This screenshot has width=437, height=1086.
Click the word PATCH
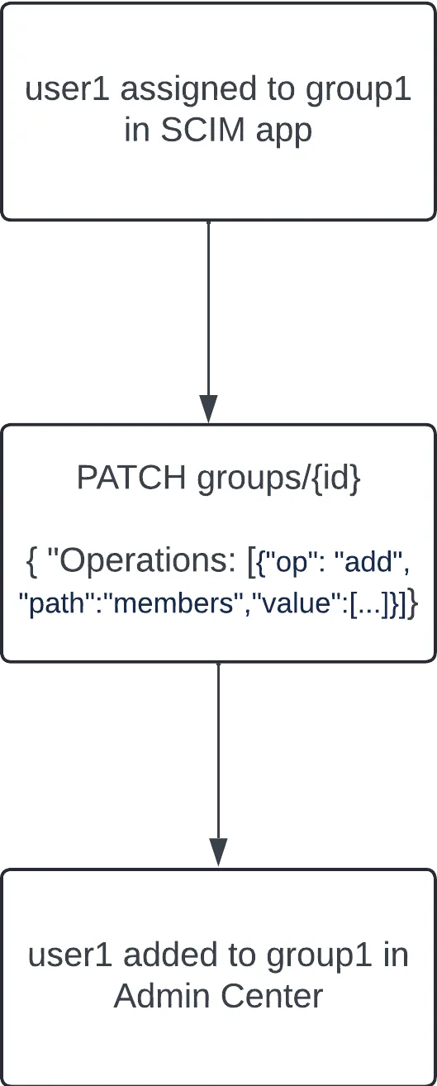(131, 478)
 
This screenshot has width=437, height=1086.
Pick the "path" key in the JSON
(55, 604)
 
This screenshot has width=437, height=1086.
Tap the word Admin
(163, 996)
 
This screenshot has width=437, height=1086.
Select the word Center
(273, 996)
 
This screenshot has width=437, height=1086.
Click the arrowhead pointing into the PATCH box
(208, 409)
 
